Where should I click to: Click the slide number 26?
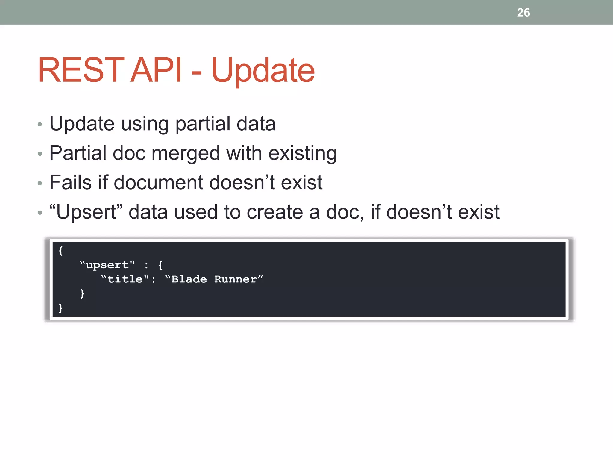(523, 13)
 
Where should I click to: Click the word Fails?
(70, 182)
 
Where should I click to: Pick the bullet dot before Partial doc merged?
(40, 154)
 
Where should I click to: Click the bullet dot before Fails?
(40, 183)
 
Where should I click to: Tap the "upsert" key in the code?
(107, 265)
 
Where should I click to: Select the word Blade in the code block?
(189, 279)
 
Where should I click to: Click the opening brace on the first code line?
(61, 251)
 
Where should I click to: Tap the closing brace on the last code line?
(61, 308)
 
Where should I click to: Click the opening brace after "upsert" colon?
(161, 265)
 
